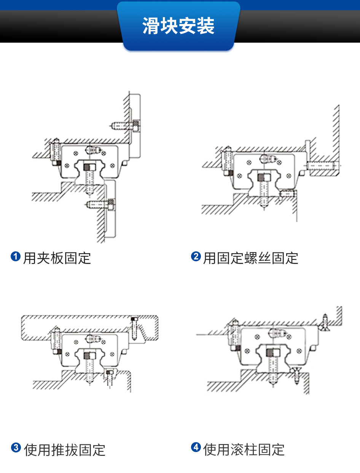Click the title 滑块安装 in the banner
(178, 26)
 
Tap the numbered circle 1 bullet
(15, 257)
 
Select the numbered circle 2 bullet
(196, 257)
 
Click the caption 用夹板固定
(57, 258)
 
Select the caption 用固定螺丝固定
(251, 258)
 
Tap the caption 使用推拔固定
(65, 450)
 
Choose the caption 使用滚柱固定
(244, 450)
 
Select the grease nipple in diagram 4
(276, 332)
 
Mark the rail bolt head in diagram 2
(263, 177)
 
